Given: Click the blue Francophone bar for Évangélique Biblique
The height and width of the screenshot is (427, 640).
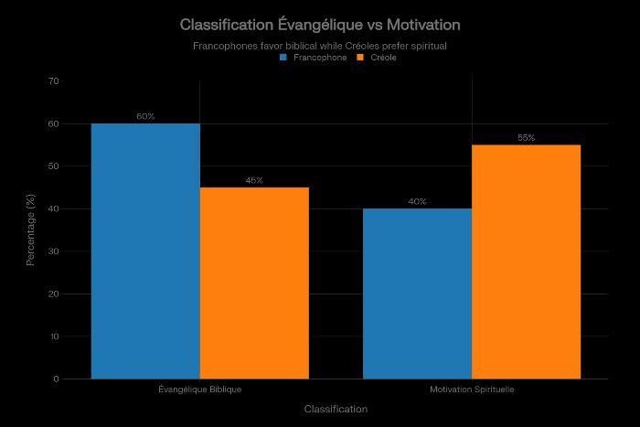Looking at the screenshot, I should click(145, 251).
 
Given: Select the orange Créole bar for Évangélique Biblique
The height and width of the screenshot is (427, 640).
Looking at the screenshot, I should click(254, 283).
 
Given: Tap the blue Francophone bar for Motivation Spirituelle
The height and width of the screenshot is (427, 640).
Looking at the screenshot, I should click(417, 294).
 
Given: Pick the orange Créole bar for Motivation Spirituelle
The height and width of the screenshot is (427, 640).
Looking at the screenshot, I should click(526, 262).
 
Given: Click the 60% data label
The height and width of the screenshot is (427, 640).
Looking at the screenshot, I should click(145, 116).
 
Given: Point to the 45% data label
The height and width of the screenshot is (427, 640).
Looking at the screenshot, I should click(254, 180).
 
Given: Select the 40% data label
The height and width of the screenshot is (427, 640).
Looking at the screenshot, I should click(417, 201).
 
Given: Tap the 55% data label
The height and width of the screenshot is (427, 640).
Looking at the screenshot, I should click(526, 137).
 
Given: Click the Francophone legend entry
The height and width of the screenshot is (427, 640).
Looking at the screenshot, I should click(314, 58).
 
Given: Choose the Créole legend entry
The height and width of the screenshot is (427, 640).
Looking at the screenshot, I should click(377, 58).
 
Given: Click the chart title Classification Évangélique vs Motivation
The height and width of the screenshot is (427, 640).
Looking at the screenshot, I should click(320, 24).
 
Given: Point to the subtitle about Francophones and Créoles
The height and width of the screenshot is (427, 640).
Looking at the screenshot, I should click(320, 45).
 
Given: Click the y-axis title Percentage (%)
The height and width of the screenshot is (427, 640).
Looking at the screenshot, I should click(30, 230).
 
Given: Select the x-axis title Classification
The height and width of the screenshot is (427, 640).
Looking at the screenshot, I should click(336, 409).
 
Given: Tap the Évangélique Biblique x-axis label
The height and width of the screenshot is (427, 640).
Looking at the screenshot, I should click(199, 390).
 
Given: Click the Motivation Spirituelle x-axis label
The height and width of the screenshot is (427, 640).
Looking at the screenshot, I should click(472, 390).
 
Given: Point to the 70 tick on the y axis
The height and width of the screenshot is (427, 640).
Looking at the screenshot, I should click(53, 81).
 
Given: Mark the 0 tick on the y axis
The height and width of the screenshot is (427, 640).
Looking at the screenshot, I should click(56, 379).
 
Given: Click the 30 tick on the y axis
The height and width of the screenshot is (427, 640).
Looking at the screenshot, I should click(53, 251).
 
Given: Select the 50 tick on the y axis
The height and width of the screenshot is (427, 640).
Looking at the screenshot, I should click(53, 166).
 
